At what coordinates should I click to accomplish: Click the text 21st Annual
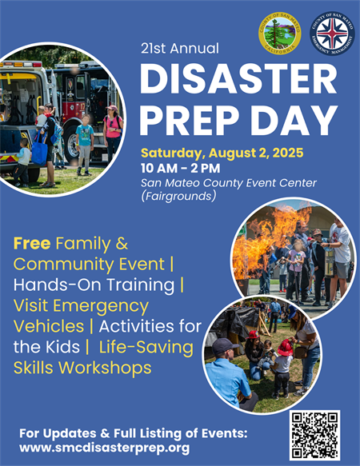179,48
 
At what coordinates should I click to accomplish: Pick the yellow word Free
31,243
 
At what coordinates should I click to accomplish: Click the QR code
314,435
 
